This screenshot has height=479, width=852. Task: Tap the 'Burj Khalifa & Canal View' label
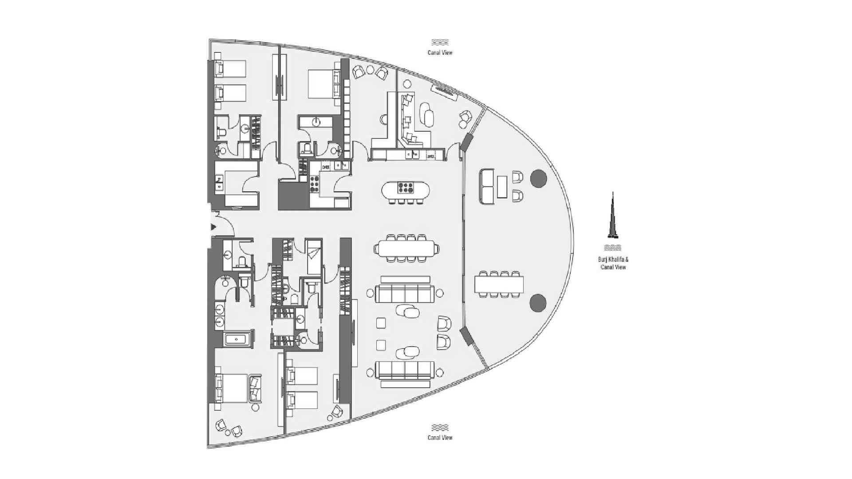[613, 263]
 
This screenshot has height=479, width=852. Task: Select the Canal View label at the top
[440, 52]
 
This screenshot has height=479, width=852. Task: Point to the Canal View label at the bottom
[440, 437]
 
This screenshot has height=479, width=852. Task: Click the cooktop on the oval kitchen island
[406, 188]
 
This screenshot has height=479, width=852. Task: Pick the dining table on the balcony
[499, 284]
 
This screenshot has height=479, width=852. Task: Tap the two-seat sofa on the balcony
[487, 187]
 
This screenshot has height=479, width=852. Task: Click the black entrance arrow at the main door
[213, 227]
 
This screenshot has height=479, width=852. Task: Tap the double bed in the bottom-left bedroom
[232, 388]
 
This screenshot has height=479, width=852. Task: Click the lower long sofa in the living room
[405, 370]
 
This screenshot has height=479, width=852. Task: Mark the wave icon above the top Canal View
[440, 43]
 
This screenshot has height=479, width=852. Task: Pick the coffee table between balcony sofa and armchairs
[502, 187]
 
